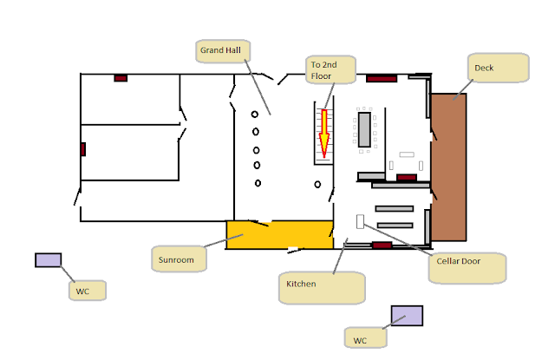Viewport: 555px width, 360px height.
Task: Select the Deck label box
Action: click(499, 68)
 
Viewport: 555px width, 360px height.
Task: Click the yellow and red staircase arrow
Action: click(323, 134)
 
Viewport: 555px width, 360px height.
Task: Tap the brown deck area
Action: click(448, 167)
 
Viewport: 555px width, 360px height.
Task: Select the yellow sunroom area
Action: click(279, 235)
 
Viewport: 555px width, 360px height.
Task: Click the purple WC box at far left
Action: click(49, 260)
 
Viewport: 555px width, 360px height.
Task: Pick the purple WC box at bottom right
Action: click(407, 316)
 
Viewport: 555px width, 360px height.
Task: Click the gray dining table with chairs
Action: click(364, 129)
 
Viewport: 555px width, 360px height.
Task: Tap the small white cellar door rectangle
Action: click(360, 221)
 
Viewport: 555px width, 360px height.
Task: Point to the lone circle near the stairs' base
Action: click(317, 185)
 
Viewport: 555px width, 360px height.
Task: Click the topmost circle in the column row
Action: click(255, 115)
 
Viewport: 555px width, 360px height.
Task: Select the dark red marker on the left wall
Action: click(83, 149)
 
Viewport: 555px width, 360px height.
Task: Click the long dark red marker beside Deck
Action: click(382, 79)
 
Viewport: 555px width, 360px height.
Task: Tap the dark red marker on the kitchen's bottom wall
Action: click(382, 245)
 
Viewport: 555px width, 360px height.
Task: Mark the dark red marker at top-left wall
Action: click(121, 78)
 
